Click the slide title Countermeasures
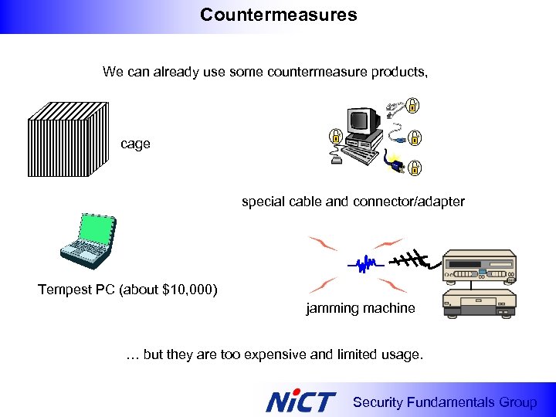(x=278, y=15)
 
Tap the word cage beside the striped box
(x=135, y=144)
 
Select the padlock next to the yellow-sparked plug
(x=414, y=167)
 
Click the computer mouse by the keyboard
(x=335, y=161)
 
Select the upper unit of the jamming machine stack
(x=479, y=267)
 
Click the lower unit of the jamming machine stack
(x=479, y=303)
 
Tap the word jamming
(x=332, y=308)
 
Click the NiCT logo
(x=300, y=401)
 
